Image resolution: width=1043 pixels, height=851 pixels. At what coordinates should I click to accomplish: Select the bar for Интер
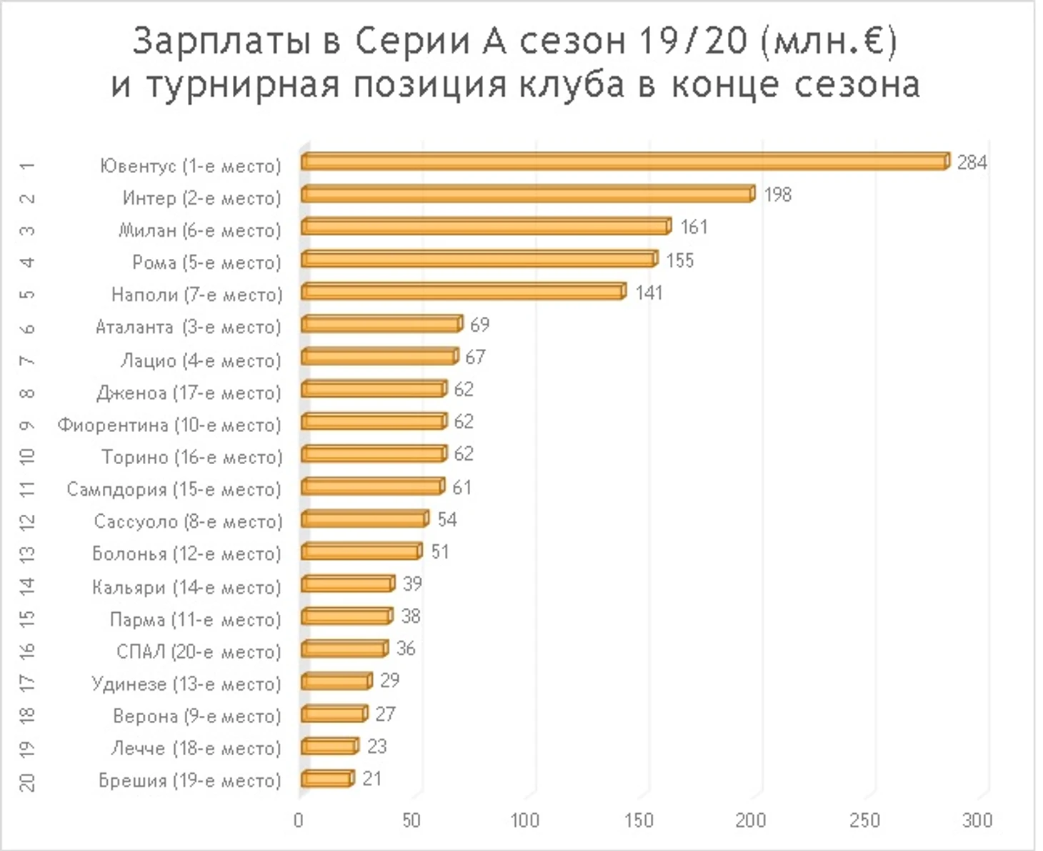[x=528, y=195]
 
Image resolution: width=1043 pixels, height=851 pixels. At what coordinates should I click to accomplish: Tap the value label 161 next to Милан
[x=694, y=227]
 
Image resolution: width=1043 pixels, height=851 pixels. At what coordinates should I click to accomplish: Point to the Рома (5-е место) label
[x=206, y=262]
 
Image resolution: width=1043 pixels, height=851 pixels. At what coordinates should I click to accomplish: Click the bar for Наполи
[x=463, y=292]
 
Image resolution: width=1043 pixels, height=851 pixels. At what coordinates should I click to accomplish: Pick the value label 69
[x=479, y=325]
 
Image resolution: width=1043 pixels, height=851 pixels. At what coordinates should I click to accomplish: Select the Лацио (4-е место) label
[x=201, y=360]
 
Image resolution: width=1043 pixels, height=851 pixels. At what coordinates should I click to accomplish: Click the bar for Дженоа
[x=374, y=389]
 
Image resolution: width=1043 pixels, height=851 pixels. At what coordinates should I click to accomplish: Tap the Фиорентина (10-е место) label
[x=169, y=425]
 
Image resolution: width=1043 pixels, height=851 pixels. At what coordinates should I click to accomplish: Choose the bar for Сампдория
[x=373, y=487]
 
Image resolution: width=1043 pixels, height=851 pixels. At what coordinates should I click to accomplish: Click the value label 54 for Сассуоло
[x=446, y=519]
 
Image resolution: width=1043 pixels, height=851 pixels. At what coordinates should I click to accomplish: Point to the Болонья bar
[x=361, y=551]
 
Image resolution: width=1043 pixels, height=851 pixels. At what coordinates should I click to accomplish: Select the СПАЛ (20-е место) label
[x=199, y=651]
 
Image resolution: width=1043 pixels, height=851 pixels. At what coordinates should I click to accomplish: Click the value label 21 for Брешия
[x=371, y=778]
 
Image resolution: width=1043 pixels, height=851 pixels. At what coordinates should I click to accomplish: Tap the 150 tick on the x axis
[x=638, y=820]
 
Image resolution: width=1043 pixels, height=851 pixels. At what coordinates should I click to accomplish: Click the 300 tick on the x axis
[x=977, y=820]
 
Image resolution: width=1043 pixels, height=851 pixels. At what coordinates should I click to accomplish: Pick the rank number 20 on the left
[x=27, y=781]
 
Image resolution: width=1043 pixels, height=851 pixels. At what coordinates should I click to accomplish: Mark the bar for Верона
[x=334, y=714]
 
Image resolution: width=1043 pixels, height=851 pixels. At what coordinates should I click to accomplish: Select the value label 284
[x=972, y=162]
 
